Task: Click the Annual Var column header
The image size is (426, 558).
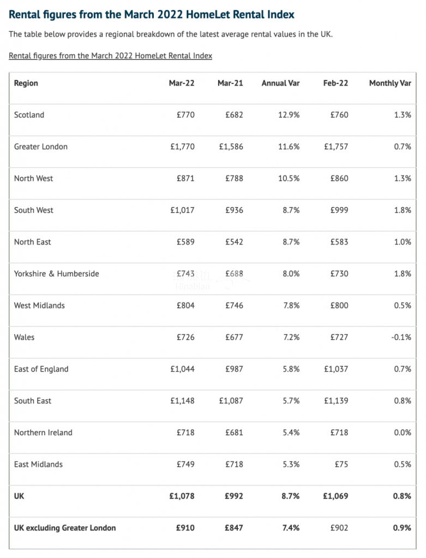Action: [x=280, y=83]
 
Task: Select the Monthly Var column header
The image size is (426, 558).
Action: [x=390, y=83]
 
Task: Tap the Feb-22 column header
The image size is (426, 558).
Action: [x=335, y=83]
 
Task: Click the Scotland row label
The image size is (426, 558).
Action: [x=29, y=115]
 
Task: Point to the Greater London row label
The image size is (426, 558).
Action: [x=41, y=147]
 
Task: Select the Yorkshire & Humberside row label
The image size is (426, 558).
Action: [x=57, y=274]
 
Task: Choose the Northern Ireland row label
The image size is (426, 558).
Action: [x=43, y=433]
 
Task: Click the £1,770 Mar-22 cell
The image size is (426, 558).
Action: [x=182, y=147]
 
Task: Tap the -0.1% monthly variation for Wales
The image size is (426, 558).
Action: [x=401, y=337]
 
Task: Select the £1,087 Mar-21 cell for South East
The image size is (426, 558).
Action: [x=231, y=401]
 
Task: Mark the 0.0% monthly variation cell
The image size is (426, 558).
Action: [x=402, y=433]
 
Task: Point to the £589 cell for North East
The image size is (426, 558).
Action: [x=185, y=242]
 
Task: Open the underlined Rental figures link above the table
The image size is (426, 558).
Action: [x=110, y=56]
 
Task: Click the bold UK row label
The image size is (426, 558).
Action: [x=19, y=496]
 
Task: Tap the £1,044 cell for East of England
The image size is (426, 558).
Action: [x=182, y=369]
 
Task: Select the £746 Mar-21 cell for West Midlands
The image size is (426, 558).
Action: [x=234, y=306]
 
